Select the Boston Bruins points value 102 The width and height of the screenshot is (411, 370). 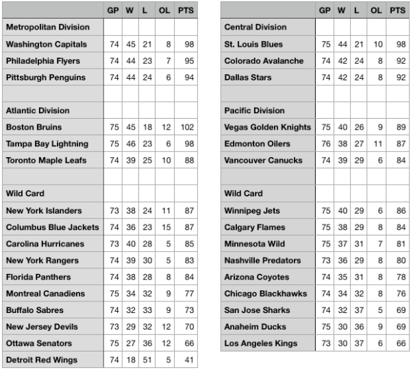tap(185, 127)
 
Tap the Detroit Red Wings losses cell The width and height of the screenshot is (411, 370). tap(147, 360)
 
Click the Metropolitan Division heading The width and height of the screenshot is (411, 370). tap(47, 27)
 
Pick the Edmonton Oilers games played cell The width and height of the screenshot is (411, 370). tap(325, 143)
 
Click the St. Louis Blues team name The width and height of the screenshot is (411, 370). tap(253, 44)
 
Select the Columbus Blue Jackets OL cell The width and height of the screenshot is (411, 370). tap(165, 227)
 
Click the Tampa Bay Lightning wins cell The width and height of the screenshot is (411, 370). tap(131, 143)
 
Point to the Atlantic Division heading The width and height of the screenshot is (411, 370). tap(38, 111)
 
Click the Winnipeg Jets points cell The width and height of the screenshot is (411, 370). tap(397, 210)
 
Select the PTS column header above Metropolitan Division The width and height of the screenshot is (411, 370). tap(185, 10)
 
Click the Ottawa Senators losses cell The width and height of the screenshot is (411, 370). tap(147, 343)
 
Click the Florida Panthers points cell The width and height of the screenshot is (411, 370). tap(185, 277)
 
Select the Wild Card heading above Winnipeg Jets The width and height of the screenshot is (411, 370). tap(243, 194)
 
